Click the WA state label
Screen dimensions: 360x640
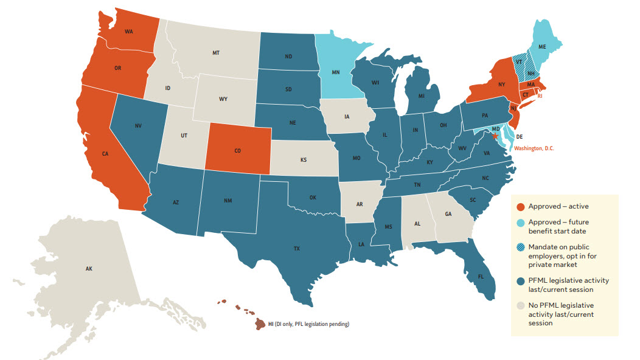[129, 32]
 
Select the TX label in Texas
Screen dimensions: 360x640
[297, 249]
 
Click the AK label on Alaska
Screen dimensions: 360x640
[89, 268]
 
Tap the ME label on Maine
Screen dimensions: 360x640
[542, 46]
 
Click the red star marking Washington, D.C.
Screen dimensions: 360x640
[495, 137]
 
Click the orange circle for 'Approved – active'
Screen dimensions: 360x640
[520, 207]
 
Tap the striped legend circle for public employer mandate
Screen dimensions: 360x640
[520, 248]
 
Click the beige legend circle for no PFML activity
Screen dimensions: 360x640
[520, 305]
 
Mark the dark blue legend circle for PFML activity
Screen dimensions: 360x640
[520, 281]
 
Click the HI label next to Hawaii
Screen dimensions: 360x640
[271, 324]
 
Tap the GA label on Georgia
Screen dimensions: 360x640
[448, 215]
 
